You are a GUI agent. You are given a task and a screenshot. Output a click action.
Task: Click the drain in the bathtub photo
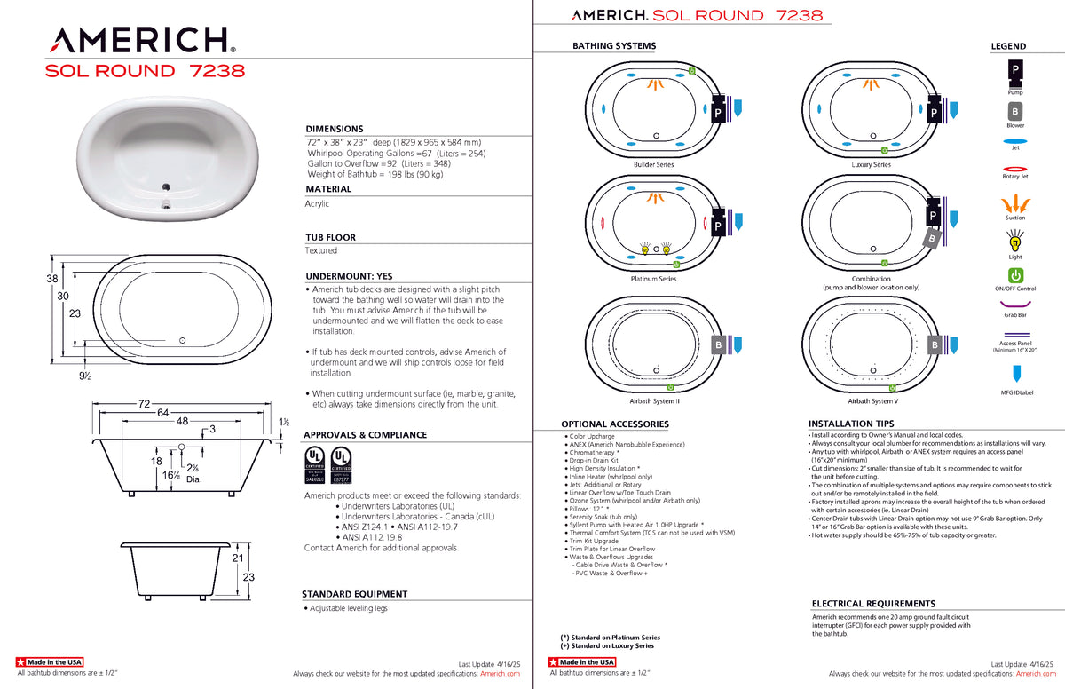pyautogui.click(x=165, y=186)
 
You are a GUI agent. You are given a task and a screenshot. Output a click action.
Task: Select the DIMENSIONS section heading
pyautogui.click(x=335, y=129)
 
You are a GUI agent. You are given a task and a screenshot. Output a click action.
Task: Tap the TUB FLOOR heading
pyautogui.click(x=330, y=237)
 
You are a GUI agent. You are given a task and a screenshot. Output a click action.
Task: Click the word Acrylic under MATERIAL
pyautogui.click(x=317, y=203)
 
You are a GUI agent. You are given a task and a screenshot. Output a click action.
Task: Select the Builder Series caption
pyautogui.click(x=653, y=165)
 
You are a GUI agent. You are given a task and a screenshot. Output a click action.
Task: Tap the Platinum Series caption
pyautogui.click(x=653, y=279)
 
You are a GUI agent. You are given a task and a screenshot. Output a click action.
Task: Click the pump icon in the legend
pyautogui.click(x=1014, y=71)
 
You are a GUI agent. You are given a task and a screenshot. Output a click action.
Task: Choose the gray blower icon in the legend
pyautogui.click(x=1014, y=112)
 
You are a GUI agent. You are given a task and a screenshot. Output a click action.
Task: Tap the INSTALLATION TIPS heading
pyautogui.click(x=851, y=424)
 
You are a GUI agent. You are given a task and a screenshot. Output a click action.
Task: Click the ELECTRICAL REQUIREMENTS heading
pyautogui.click(x=873, y=604)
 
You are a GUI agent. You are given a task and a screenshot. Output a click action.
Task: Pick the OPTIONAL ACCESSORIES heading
pyautogui.click(x=614, y=424)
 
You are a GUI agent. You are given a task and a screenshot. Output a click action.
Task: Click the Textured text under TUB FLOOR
pyautogui.click(x=321, y=251)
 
